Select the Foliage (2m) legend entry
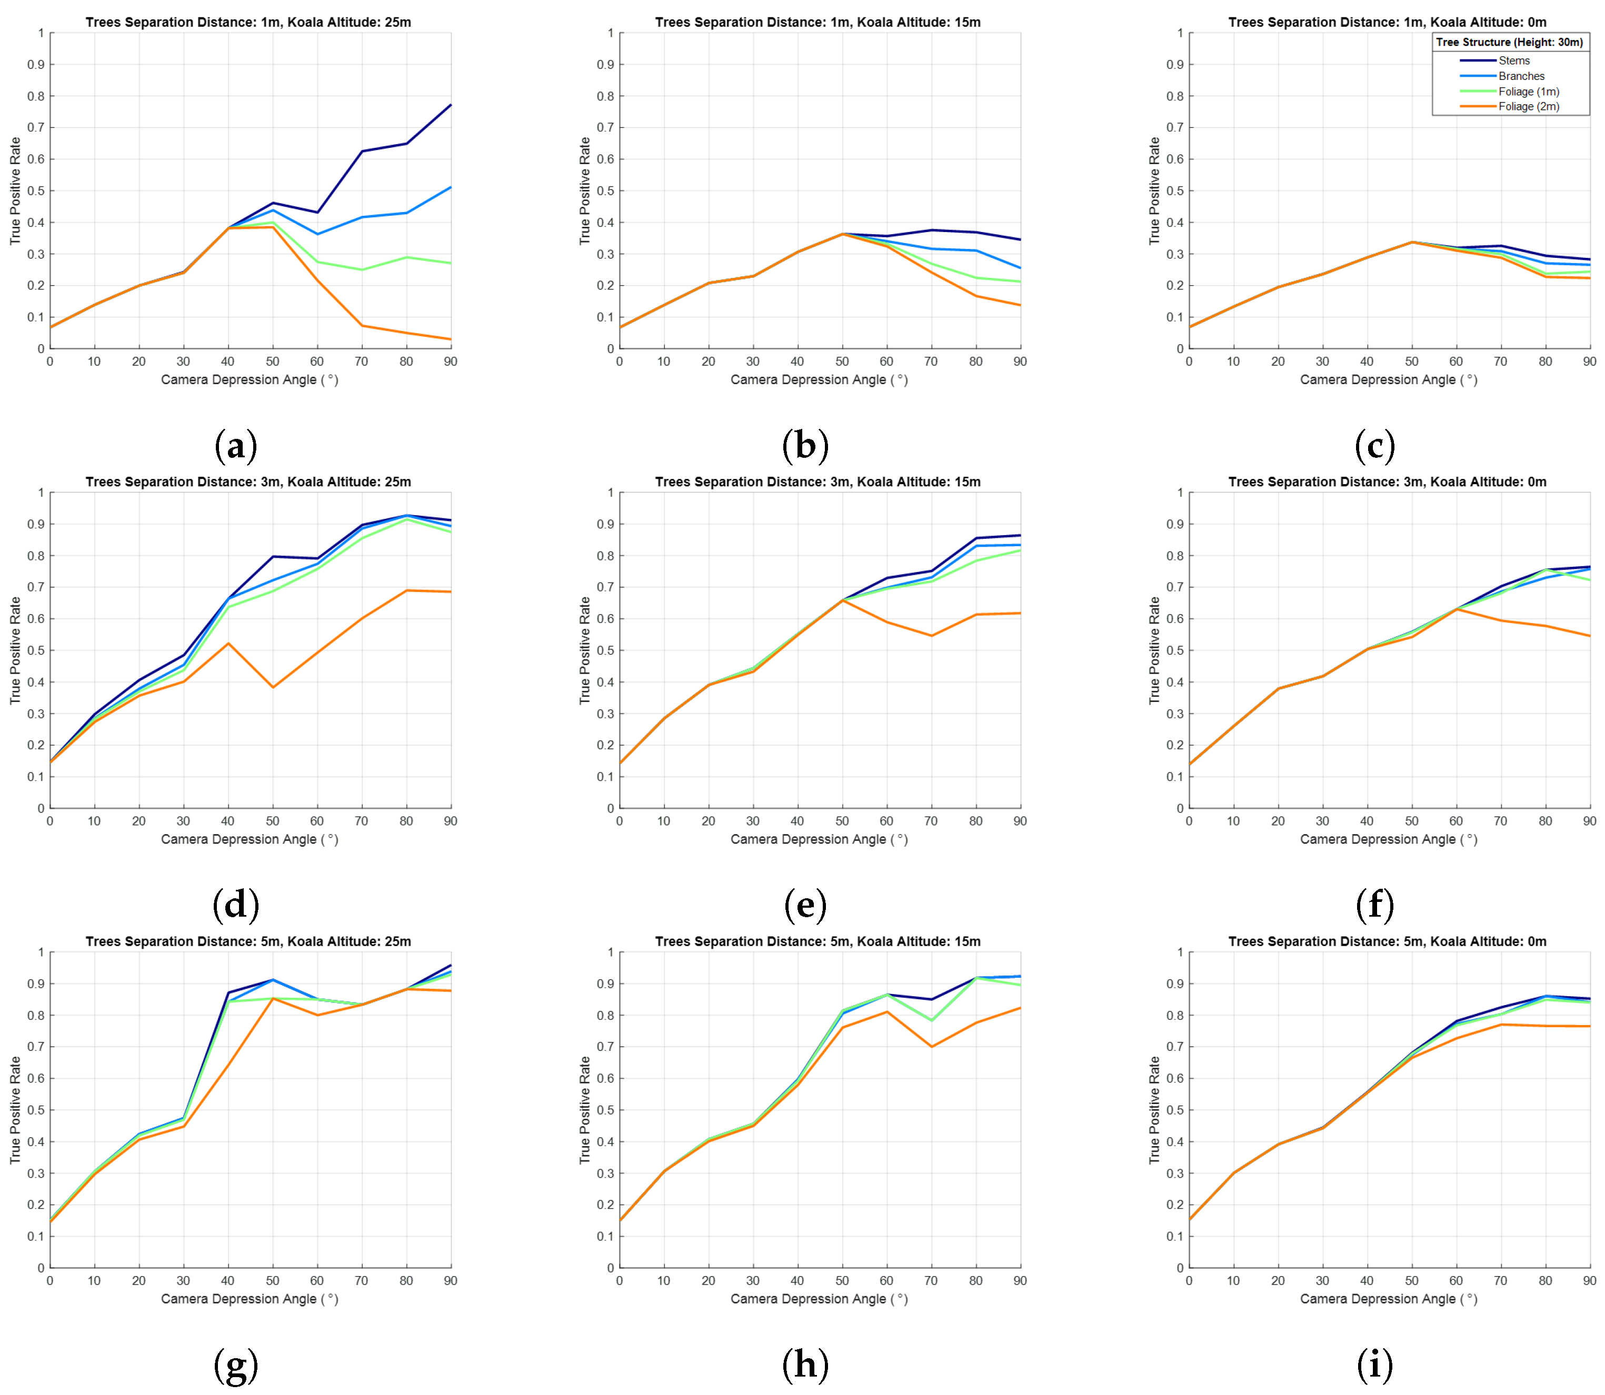coord(1528,107)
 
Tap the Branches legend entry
coord(1521,76)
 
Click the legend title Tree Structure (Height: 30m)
coord(1509,42)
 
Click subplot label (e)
coord(804,905)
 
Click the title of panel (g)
coord(248,941)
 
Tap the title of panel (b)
coord(818,22)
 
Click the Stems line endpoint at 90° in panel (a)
coord(450,105)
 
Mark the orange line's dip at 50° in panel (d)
coord(273,687)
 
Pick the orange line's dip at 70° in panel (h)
coord(931,1046)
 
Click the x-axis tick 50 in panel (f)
coord(1411,821)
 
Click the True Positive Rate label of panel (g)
coord(15,1110)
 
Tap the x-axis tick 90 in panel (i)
coord(1589,1281)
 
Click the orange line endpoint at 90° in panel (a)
coord(450,339)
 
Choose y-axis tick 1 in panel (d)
coord(41,493)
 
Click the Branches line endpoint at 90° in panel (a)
coord(450,188)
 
